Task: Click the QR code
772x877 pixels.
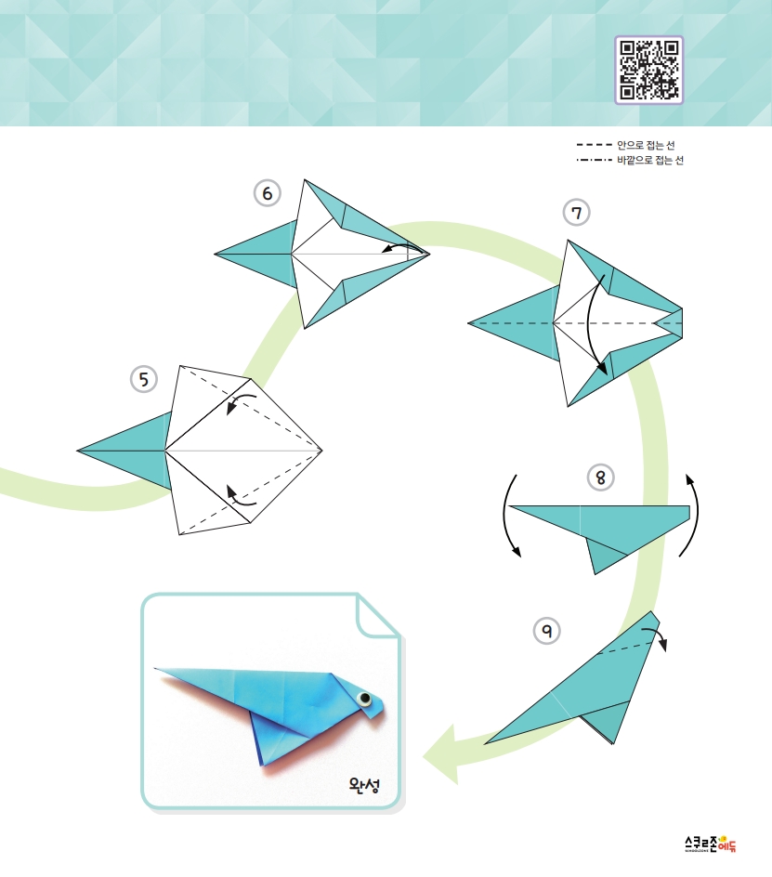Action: [649, 70]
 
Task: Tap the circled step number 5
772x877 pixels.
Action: [144, 379]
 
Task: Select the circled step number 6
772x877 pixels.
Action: [268, 193]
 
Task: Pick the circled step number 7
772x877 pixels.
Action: [576, 213]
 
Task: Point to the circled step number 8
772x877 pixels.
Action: [600, 478]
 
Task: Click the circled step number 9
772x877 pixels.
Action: [546, 631]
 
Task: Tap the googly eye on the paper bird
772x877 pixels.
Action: [365, 698]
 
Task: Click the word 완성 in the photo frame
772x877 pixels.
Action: [365, 784]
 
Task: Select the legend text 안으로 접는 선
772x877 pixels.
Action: [646, 145]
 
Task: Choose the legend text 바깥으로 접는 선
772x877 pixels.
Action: [650, 160]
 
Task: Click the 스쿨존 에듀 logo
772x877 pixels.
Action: [711, 844]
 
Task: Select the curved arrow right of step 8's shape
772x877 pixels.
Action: [694, 514]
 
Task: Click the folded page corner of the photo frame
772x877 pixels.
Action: [376, 616]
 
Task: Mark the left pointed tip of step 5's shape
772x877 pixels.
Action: [77, 451]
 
